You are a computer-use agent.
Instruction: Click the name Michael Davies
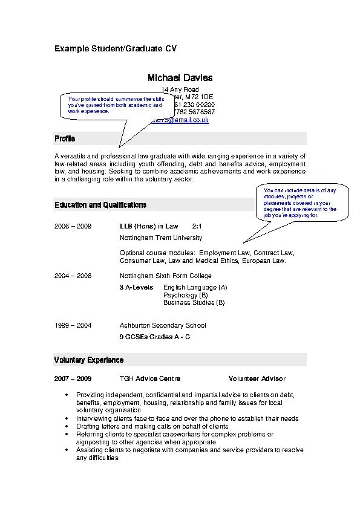pyautogui.click(x=180, y=78)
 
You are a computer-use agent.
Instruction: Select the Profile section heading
pyautogui.click(x=65, y=139)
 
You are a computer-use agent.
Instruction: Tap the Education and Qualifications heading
pyautogui.click(x=100, y=205)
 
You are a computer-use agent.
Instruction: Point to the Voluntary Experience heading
pyautogui.click(x=89, y=360)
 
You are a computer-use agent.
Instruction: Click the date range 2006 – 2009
pyautogui.click(x=73, y=226)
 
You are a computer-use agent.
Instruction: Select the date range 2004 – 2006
pyautogui.click(x=73, y=276)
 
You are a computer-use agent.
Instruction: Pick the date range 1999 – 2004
pyautogui.click(x=73, y=325)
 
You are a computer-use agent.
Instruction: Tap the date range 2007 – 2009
pyautogui.click(x=73, y=378)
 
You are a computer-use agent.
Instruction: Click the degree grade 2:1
pyautogui.click(x=197, y=226)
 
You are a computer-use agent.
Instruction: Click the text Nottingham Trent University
pyautogui.click(x=161, y=238)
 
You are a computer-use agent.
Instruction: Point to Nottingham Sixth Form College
pyautogui.click(x=166, y=276)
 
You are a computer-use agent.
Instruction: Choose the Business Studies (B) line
pyautogui.click(x=194, y=302)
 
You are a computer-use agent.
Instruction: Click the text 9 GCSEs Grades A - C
pyautogui.click(x=155, y=337)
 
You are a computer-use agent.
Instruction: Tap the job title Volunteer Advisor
pyautogui.click(x=257, y=378)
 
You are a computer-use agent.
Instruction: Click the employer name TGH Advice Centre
pyautogui.click(x=150, y=378)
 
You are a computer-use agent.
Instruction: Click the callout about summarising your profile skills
pyautogui.click(x=115, y=105)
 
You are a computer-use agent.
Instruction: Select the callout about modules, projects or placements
pyautogui.click(x=299, y=203)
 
